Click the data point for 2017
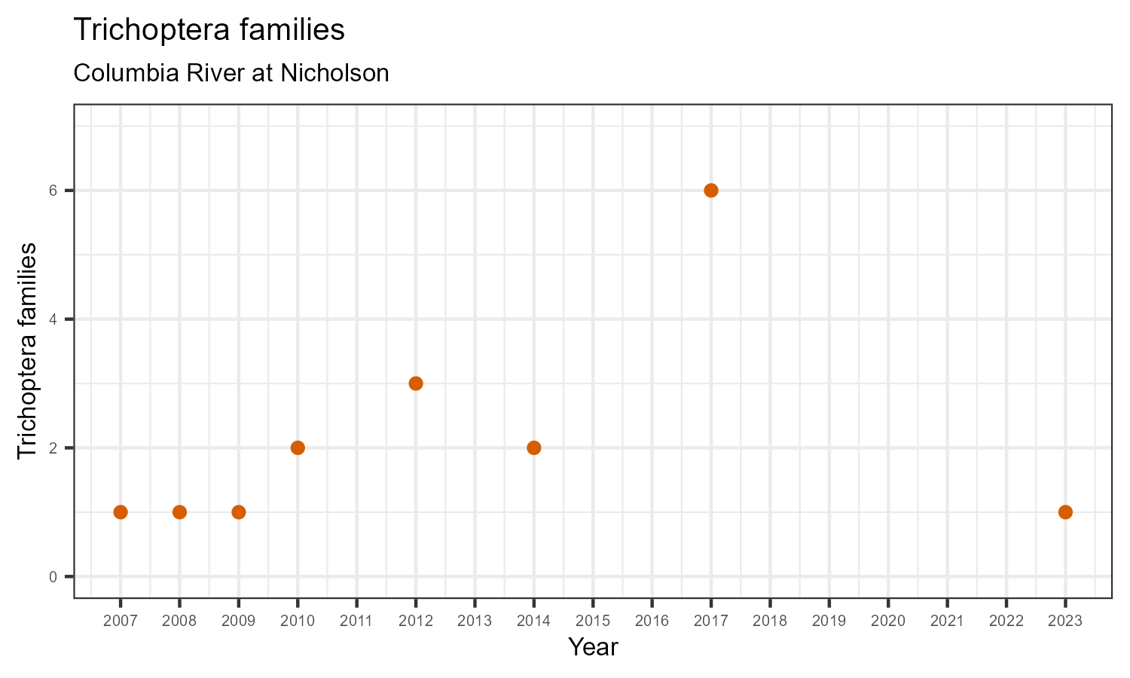pos(711,191)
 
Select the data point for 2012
pos(416,383)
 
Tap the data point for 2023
pos(1065,512)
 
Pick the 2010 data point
pos(298,448)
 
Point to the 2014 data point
pos(534,448)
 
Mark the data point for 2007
pos(121,512)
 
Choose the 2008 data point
pos(179,512)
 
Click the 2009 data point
pos(239,512)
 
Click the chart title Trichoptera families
pos(209,30)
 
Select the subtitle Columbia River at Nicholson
pos(231,73)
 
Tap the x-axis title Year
pos(593,647)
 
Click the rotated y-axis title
pos(27,350)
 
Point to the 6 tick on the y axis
pos(53,191)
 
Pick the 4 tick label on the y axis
pos(53,319)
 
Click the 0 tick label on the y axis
pos(53,577)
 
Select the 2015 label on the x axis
pos(593,621)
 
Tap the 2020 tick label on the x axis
pos(888,621)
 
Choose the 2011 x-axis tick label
pos(356,621)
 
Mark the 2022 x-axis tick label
pos(1006,621)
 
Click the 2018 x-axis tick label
pos(770,621)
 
